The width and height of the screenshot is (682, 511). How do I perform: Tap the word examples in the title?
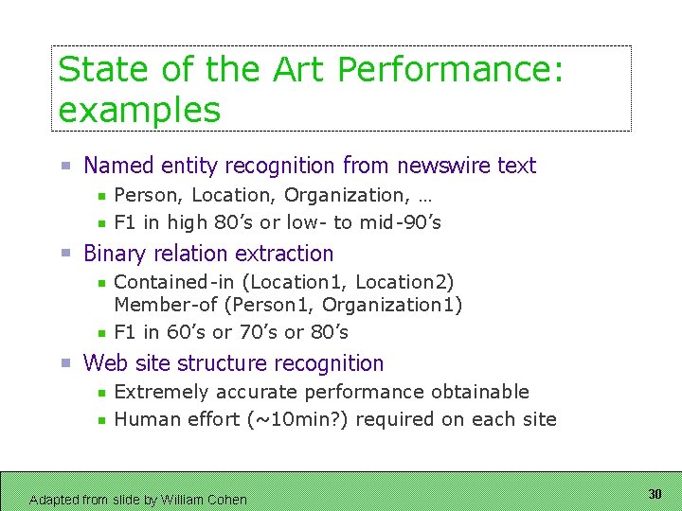139,111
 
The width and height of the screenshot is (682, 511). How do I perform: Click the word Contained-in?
160,282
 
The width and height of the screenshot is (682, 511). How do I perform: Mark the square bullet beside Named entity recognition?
65,166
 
